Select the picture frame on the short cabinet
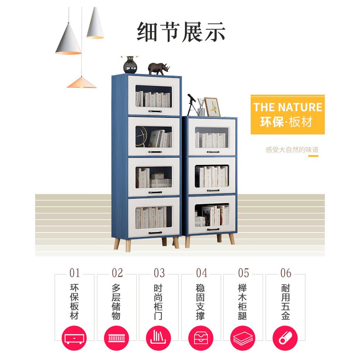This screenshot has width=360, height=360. (212, 107)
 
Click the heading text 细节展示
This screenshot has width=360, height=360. (181, 32)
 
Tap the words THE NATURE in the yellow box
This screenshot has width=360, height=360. (287, 107)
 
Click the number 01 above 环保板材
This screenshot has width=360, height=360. (75, 273)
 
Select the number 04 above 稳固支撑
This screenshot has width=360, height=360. (201, 273)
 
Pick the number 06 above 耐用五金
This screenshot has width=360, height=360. (286, 273)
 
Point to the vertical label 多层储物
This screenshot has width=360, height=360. (117, 302)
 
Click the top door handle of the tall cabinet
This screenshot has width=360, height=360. (154, 111)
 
